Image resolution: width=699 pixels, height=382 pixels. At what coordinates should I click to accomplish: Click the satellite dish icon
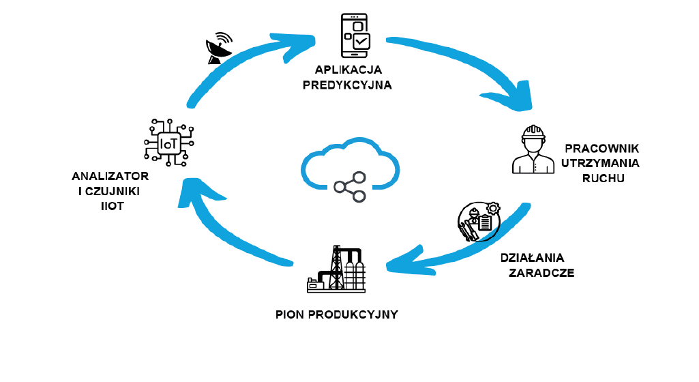tap(218, 49)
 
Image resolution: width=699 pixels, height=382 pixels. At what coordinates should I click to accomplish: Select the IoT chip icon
tap(168, 143)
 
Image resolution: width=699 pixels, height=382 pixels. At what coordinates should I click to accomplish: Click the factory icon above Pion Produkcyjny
tap(336, 269)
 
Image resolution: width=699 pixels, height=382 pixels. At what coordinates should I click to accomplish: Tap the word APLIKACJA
tap(348, 70)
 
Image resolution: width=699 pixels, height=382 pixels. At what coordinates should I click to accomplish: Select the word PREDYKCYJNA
tap(347, 85)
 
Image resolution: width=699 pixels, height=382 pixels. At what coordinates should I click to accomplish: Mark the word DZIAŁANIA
tap(533, 258)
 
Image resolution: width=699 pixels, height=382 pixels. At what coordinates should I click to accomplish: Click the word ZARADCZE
tap(541, 273)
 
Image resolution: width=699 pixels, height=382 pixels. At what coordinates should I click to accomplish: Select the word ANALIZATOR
tap(110, 176)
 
